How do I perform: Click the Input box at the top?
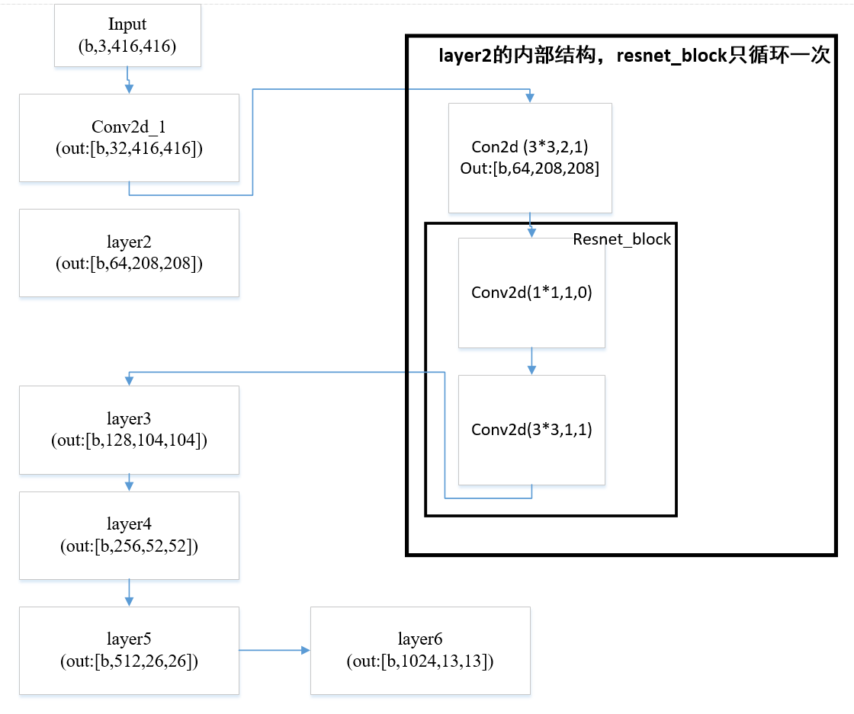pyautogui.click(x=127, y=35)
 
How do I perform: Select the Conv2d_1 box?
pyautogui.click(x=129, y=138)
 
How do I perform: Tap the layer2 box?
pyautogui.click(x=129, y=252)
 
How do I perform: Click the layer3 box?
pyautogui.click(x=129, y=429)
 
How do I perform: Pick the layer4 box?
pyautogui.click(x=129, y=535)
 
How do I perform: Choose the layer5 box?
pyautogui.click(x=129, y=650)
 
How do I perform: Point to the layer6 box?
pyautogui.click(x=420, y=650)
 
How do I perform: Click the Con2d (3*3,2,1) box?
pyautogui.click(x=530, y=158)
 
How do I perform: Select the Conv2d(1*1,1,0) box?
pyautogui.click(x=531, y=293)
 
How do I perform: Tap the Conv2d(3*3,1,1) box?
pyautogui.click(x=531, y=429)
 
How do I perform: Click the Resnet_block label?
pyautogui.click(x=621, y=239)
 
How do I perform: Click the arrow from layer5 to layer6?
pyautogui.click(x=274, y=650)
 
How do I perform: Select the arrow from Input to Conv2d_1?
pyautogui.click(x=129, y=80)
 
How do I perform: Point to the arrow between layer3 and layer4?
pyautogui.click(x=129, y=483)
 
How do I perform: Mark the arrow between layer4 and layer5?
pyautogui.click(x=129, y=592)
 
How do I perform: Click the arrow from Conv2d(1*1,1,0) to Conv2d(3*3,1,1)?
pyautogui.click(x=531, y=361)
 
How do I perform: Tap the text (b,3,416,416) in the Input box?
pyautogui.click(x=127, y=46)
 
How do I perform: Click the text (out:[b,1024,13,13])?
pyautogui.click(x=420, y=661)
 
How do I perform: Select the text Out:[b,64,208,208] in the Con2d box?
pyautogui.click(x=530, y=168)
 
